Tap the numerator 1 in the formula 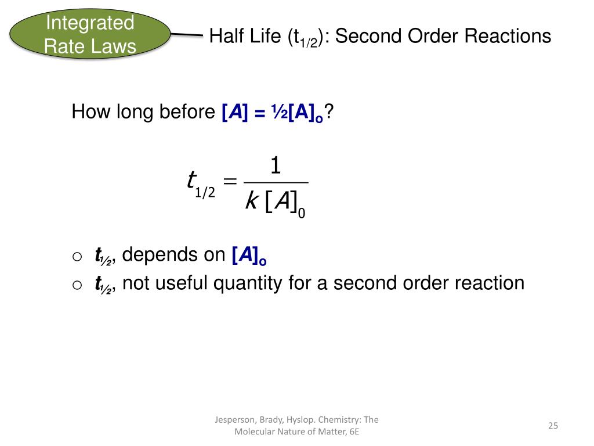click(276, 167)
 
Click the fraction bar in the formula click(276, 184)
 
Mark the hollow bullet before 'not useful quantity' click(78, 285)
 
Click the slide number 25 click(552, 426)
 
